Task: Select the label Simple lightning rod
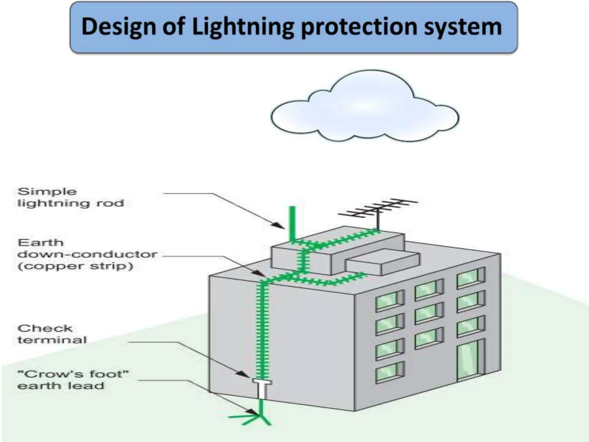pyautogui.click(x=70, y=197)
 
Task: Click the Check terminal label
pyautogui.click(x=52, y=334)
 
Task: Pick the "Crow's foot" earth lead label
pyautogui.click(x=73, y=380)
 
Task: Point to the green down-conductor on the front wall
pyautogui.click(x=262, y=331)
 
